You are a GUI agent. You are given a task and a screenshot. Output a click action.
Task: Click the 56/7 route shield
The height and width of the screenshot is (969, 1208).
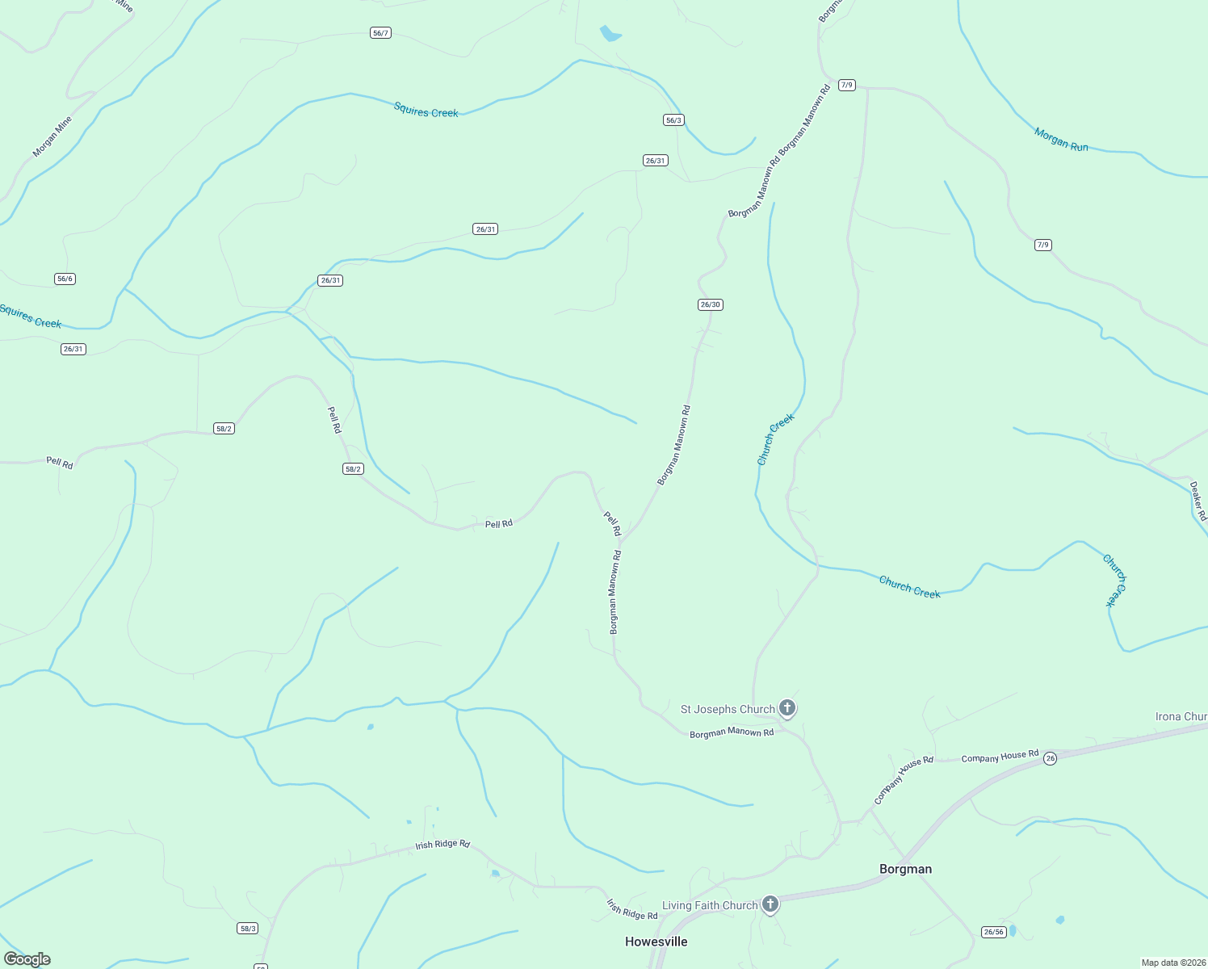click(x=380, y=33)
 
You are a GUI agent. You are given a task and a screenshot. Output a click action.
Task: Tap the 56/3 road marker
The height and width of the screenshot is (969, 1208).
click(x=673, y=120)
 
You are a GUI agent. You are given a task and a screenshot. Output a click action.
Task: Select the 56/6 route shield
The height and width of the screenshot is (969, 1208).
click(x=65, y=279)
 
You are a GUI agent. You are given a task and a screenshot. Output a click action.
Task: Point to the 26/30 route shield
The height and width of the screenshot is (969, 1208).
click(x=710, y=304)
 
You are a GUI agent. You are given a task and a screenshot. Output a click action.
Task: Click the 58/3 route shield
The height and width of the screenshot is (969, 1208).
click(x=248, y=929)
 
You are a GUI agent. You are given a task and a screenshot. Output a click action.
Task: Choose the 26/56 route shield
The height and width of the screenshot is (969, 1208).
click(x=993, y=932)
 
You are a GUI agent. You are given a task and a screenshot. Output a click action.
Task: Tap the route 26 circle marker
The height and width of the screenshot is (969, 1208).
click(x=1050, y=758)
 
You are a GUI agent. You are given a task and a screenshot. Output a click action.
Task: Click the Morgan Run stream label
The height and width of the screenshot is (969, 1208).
click(x=1061, y=140)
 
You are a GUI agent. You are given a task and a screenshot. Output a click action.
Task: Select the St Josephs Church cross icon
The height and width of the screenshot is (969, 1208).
click(x=787, y=708)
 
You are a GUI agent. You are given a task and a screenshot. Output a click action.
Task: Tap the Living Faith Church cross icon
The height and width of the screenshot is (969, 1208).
click(x=770, y=904)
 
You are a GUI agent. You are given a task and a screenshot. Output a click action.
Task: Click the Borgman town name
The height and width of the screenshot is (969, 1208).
click(x=905, y=870)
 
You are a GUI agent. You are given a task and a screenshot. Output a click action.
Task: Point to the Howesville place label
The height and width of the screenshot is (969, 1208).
click(x=656, y=942)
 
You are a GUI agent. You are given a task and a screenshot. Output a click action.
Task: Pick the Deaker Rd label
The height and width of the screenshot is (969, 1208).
click(x=1198, y=501)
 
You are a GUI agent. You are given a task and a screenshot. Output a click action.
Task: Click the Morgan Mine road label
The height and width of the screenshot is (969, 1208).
click(x=52, y=136)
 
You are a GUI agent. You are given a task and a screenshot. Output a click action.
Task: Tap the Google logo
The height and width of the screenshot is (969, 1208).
click(x=27, y=959)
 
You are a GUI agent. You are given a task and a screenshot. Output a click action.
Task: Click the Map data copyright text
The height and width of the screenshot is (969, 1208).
click(x=1173, y=963)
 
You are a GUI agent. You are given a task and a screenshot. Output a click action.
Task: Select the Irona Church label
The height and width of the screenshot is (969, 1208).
click(x=1181, y=716)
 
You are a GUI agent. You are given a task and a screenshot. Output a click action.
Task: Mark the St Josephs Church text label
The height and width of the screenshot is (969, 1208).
click(x=728, y=709)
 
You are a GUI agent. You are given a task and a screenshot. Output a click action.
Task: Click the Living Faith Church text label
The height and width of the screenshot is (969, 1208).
click(x=710, y=905)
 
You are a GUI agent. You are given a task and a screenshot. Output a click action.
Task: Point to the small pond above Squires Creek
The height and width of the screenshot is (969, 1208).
click(x=610, y=34)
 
